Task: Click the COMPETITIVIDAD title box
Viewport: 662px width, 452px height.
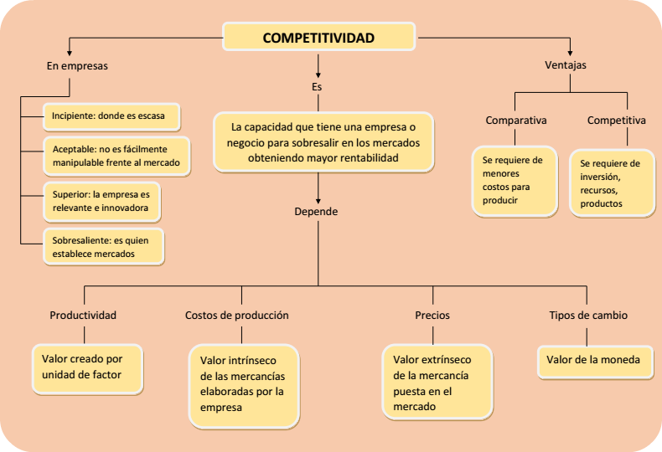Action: point(318,38)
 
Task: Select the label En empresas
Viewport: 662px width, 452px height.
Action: point(77,65)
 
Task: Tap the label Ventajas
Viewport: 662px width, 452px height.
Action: point(566,64)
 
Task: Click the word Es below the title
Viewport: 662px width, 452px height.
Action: point(317,86)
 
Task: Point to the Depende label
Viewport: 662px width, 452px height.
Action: point(316,212)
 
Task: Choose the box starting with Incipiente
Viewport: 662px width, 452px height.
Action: point(111,116)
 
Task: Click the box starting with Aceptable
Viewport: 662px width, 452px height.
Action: point(116,155)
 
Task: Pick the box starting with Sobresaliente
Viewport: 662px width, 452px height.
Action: point(102,246)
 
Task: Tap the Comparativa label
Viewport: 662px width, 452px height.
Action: point(516,121)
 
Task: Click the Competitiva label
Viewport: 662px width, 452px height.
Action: point(616,121)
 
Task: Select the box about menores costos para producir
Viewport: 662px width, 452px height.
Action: point(514,180)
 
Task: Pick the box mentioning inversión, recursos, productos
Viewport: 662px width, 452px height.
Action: point(610,182)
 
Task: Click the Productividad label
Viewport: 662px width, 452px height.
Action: point(83,316)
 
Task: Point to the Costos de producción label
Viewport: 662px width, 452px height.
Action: point(237,316)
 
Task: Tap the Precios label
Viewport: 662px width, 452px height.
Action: point(432,316)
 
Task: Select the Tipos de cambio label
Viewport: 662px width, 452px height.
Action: point(587,316)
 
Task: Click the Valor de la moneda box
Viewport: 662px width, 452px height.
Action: point(593,360)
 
